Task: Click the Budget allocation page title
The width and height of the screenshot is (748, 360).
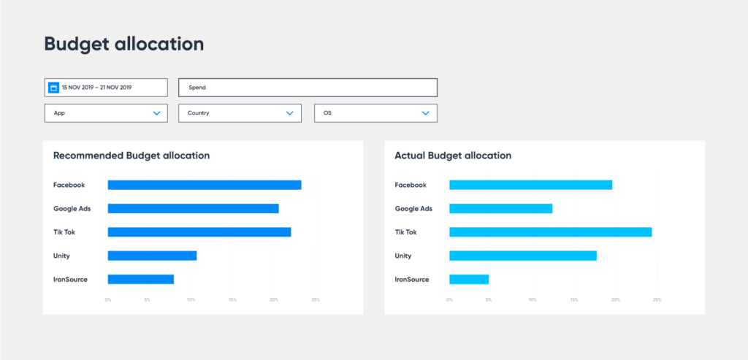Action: click(124, 44)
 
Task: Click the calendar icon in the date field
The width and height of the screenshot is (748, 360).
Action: click(53, 88)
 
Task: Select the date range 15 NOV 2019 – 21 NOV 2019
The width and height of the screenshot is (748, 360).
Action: click(97, 88)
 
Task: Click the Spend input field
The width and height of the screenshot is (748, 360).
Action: click(308, 88)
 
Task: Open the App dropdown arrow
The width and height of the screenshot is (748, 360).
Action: click(156, 113)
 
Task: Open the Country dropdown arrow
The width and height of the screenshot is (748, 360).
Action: click(290, 113)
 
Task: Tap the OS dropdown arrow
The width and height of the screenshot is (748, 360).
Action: click(425, 113)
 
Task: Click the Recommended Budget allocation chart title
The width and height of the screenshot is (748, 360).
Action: click(131, 156)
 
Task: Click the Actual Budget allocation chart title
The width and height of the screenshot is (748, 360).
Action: click(453, 156)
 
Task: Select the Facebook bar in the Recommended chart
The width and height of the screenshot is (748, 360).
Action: click(205, 185)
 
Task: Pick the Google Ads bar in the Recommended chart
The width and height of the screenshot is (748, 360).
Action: click(193, 208)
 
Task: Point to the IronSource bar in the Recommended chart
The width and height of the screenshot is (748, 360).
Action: click(140, 279)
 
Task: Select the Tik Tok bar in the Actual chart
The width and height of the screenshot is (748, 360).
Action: click(550, 232)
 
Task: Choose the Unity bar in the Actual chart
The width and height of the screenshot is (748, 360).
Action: click(522, 256)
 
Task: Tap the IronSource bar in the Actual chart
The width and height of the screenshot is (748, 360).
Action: click(468, 279)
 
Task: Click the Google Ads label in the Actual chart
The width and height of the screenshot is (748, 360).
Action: click(413, 208)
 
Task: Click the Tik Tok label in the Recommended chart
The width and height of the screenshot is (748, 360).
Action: click(64, 232)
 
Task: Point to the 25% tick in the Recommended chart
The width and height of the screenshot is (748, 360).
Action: click(316, 299)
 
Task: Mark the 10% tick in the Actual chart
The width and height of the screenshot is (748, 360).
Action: click(533, 299)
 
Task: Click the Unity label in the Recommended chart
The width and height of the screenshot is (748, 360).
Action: click(61, 256)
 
